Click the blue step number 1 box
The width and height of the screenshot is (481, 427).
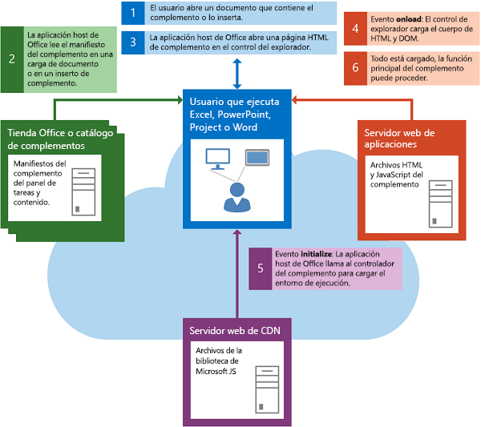coord(133,12)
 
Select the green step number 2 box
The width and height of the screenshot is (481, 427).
coord(11,58)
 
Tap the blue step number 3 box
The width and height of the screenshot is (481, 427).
coord(133,42)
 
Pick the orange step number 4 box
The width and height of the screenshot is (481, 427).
coord(355,30)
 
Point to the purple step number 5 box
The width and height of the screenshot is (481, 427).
coord(260,267)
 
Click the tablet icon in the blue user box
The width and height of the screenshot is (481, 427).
coord(257,157)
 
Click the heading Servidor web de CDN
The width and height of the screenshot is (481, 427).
coord(229,331)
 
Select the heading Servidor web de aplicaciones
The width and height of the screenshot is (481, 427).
coord(399,138)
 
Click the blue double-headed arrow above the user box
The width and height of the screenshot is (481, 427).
coord(236,73)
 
